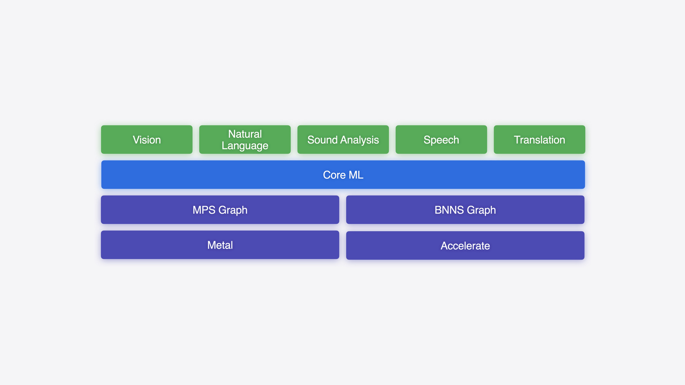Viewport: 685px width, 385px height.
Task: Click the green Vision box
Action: (147, 140)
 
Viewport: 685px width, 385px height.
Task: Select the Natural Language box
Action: (245, 140)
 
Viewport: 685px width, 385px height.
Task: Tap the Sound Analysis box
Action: (343, 140)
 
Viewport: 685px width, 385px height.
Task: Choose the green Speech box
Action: (441, 140)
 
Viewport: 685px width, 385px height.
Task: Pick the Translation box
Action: (539, 140)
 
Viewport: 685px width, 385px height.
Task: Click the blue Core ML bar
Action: (343, 175)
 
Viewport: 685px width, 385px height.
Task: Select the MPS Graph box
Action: (220, 210)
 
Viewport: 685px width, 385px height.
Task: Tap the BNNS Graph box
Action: (465, 210)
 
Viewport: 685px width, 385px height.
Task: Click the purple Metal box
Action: (220, 245)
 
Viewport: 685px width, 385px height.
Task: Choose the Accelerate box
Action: (465, 245)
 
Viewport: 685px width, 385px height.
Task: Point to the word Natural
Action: (245, 134)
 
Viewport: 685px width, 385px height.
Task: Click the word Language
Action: (245, 146)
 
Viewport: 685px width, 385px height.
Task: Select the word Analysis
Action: (358, 140)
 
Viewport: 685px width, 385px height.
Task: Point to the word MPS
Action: (204, 210)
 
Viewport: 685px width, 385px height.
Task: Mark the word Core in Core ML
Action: (334, 175)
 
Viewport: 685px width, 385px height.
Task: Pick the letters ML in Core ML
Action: (356, 175)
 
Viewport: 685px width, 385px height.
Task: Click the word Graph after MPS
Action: (233, 210)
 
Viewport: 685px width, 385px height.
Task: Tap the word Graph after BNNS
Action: (481, 210)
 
